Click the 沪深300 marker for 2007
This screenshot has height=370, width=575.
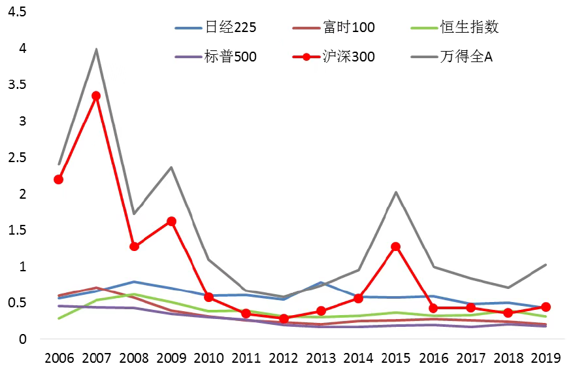coord(96,95)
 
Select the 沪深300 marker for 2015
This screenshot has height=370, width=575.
coord(395,246)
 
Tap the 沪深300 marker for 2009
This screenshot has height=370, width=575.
coord(171,221)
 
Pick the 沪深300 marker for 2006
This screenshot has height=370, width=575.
coord(59,179)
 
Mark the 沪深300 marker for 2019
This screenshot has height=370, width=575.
coord(546,307)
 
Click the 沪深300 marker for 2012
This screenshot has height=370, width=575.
coord(284,318)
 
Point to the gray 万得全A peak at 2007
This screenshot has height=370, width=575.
coord(96,49)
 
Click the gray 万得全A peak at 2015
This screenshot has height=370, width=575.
coord(395,192)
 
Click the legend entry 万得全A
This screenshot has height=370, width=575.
coord(466,57)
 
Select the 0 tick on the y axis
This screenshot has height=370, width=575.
coord(23,339)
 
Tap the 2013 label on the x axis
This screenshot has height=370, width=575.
coord(321,358)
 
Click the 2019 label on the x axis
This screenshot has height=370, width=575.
coord(546,358)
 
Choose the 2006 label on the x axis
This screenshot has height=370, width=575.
coord(59,358)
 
